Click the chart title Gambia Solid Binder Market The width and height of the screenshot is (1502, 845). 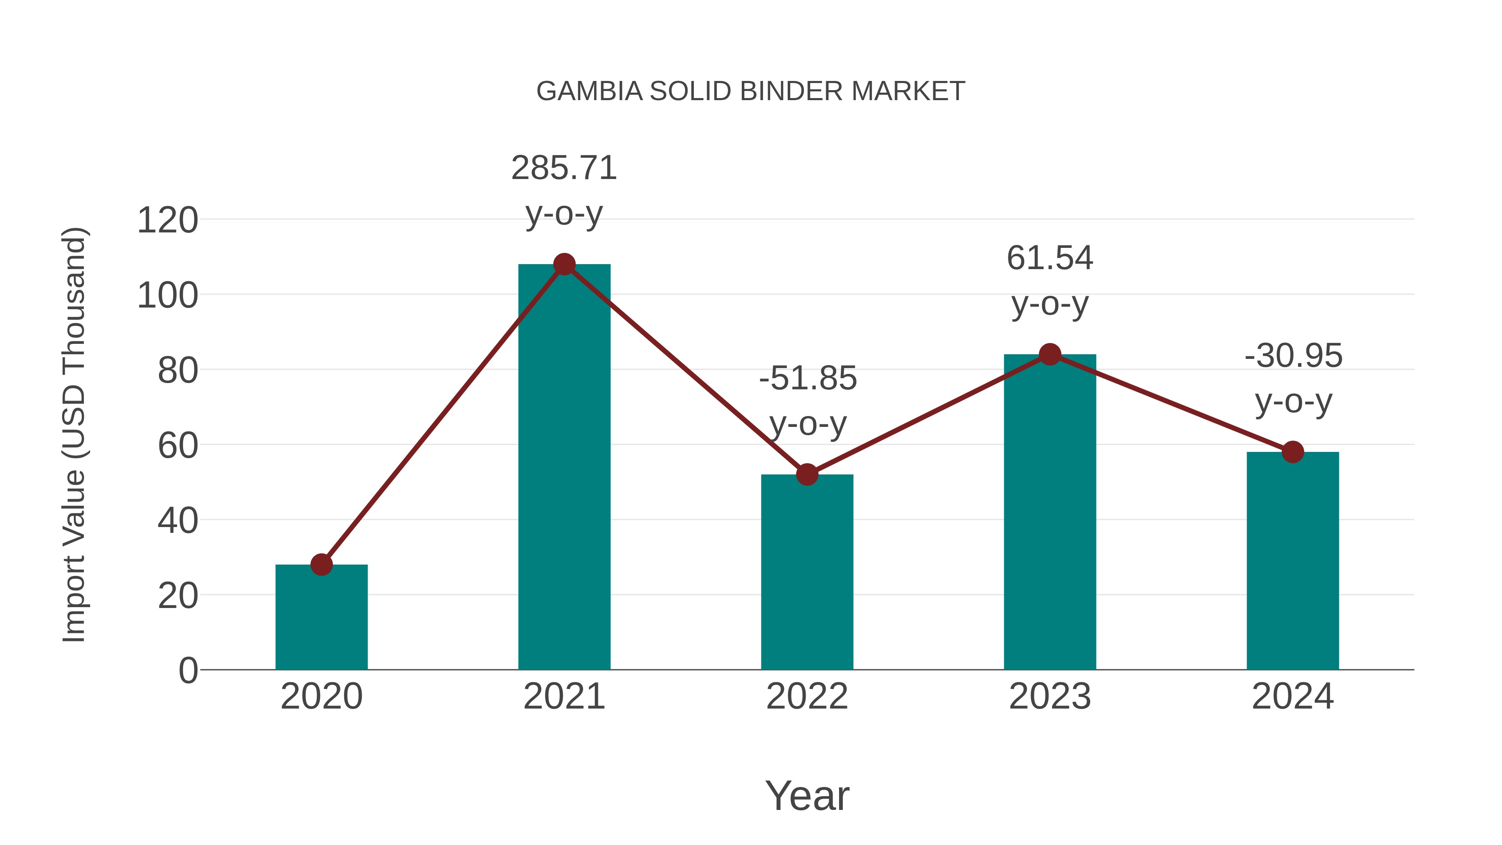751,91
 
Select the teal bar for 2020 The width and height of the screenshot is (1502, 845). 321,618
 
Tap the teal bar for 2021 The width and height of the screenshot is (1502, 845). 564,467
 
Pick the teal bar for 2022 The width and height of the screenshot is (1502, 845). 806,572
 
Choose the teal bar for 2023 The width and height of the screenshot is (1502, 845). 1050,513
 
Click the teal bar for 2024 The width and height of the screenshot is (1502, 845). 1292,560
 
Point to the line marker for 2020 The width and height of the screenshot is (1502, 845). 321,565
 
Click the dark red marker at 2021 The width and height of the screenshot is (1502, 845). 564,265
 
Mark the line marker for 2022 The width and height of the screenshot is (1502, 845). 806,475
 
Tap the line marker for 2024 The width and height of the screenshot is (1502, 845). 1292,452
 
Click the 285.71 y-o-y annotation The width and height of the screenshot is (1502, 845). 564,190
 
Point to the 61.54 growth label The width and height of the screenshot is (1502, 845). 1050,280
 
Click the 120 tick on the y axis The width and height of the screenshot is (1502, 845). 167,221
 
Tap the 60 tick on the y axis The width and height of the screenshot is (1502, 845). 177,446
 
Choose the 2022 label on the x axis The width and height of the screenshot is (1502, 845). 806,696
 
